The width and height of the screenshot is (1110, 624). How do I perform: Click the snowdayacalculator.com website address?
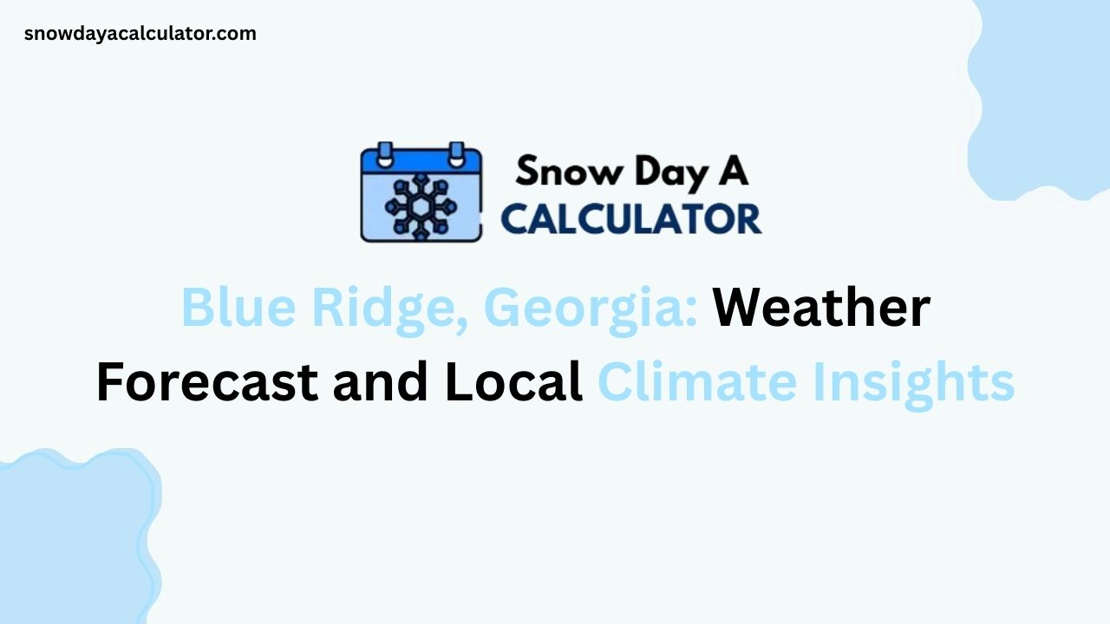(140, 34)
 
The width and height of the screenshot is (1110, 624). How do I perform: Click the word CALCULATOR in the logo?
(631, 219)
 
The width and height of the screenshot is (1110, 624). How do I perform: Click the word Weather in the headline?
(821, 309)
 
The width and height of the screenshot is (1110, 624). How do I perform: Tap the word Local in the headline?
(513, 382)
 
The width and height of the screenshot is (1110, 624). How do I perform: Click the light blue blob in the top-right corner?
(1045, 95)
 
